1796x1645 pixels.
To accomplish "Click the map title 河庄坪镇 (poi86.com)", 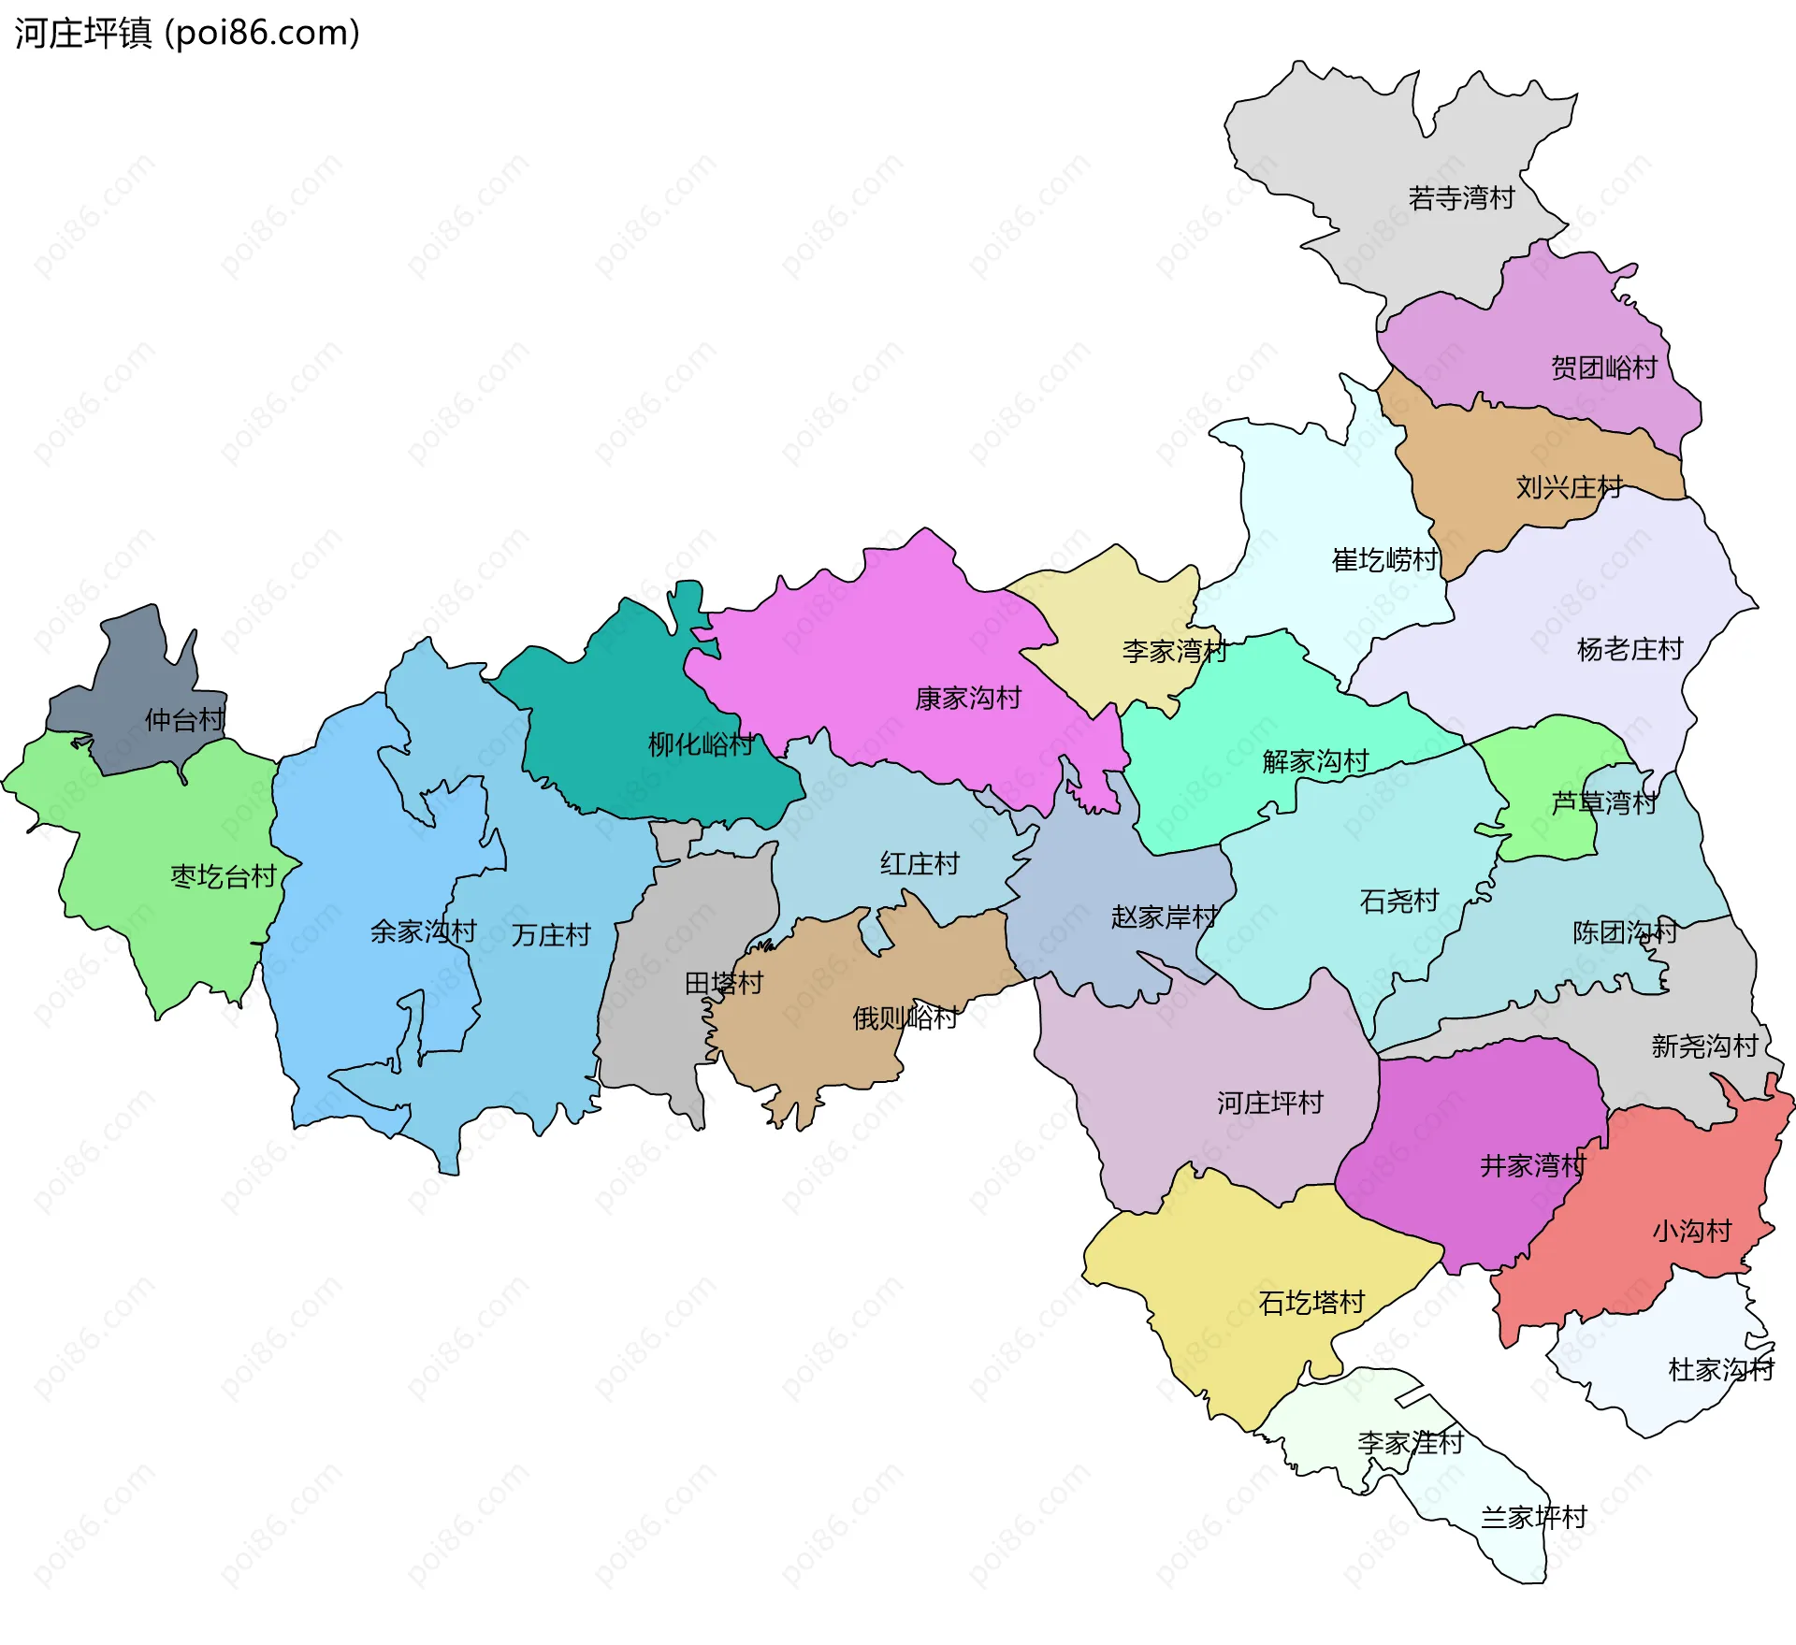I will pos(187,34).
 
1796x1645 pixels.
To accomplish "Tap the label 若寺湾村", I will pos(1461,198).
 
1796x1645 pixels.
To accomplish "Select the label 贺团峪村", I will pos(1603,368).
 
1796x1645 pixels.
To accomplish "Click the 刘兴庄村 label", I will pos(1569,487).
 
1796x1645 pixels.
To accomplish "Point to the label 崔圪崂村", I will pos(1384,560).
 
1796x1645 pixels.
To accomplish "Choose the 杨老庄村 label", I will pos(1629,649).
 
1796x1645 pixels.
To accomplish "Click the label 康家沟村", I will pos(968,699).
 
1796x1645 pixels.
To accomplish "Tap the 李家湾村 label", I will pos(1175,651).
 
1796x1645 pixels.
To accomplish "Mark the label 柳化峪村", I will pos(701,744).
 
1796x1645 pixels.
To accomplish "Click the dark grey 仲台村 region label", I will pos(184,720).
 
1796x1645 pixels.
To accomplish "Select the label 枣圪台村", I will pos(224,876).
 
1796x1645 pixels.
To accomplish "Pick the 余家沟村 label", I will pos(423,931).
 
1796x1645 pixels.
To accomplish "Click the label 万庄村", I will pos(551,935).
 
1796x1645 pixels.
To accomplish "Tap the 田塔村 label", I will pos(724,983).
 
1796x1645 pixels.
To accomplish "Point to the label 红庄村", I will pos(920,863).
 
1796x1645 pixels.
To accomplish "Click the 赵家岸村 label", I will pos(1164,916).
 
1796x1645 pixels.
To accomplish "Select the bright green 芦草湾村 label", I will pos(1603,802).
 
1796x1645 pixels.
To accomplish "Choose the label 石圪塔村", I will pos(1311,1303).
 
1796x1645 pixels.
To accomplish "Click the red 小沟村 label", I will pos(1691,1231).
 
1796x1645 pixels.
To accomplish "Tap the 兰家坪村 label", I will pos(1534,1517).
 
